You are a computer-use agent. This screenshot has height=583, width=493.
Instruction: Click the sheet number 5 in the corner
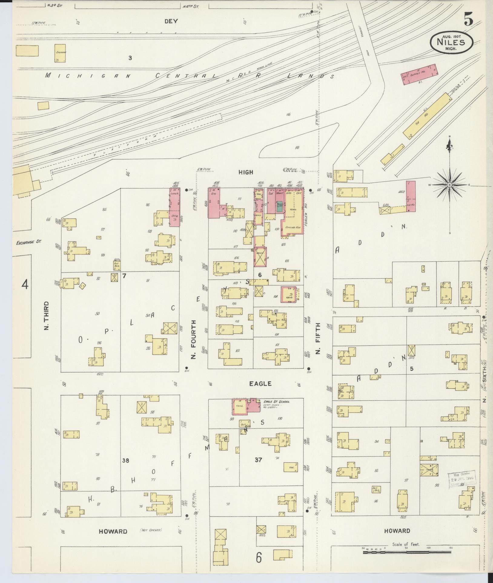pyautogui.click(x=468, y=21)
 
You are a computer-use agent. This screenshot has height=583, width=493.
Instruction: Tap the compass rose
pyautogui.click(x=450, y=185)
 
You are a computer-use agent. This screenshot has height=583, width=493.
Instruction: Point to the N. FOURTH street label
pyautogui.click(x=194, y=340)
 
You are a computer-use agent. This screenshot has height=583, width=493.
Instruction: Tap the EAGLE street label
pyautogui.click(x=260, y=384)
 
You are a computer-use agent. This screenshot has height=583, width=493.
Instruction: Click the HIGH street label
pyautogui.click(x=246, y=172)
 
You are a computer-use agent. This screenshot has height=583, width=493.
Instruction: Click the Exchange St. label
pyautogui.click(x=28, y=242)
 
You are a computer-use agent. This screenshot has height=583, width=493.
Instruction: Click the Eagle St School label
pyautogui.click(x=276, y=401)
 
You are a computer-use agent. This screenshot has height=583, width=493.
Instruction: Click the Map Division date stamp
pyautogui.click(x=462, y=488)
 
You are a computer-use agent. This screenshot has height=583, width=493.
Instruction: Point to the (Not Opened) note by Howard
pyautogui.click(x=151, y=530)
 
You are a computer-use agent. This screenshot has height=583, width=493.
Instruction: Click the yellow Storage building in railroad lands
pyautogui.click(x=60, y=53)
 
